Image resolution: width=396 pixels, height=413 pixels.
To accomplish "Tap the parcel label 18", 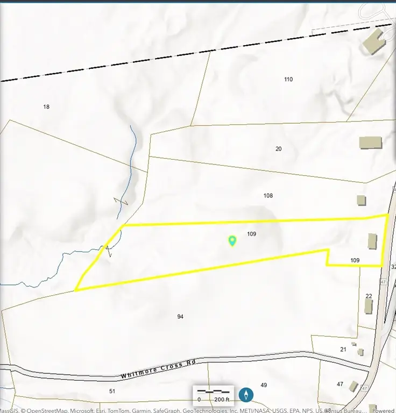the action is pyautogui.click(x=46, y=106).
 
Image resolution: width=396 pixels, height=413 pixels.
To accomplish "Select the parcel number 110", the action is pyautogui.click(x=288, y=79).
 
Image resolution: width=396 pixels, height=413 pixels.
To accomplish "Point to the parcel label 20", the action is pyautogui.click(x=278, y=149).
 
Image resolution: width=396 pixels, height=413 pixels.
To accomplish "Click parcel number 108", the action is pyautogui.click(x=268, y=196).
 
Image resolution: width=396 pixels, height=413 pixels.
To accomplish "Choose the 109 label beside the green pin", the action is pyautogui.click(x=251, y=234).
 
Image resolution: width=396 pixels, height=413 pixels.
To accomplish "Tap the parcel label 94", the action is pyautogui.click(x=180, y=317).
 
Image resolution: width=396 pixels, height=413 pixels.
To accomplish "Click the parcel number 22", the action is pyautogui.click(x=369, y=296).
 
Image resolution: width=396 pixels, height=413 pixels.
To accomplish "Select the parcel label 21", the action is pyautogui.click(x=343, y=350).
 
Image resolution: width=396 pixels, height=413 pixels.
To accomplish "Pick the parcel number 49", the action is pyautogui.click(x=264, y=385).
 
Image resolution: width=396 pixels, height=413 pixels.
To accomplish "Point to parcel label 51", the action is pyautogui.click(x=112, y=391).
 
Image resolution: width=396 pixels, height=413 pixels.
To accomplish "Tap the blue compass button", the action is pyautogui.click(x=246, y=395).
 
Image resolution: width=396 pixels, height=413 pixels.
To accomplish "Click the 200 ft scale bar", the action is pyautogui.click(x=213, y=395).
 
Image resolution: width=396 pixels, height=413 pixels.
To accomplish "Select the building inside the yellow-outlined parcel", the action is pyautogui.click(x=372, y=241).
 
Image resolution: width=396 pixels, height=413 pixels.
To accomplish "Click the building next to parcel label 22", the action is pyautogui.click(x=369, y=307).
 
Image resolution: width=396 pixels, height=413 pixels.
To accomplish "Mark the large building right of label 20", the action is pyautogui.click(x=371, y=143).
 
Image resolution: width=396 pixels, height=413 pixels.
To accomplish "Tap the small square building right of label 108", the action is pyautogui.click(x=362, y=200).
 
